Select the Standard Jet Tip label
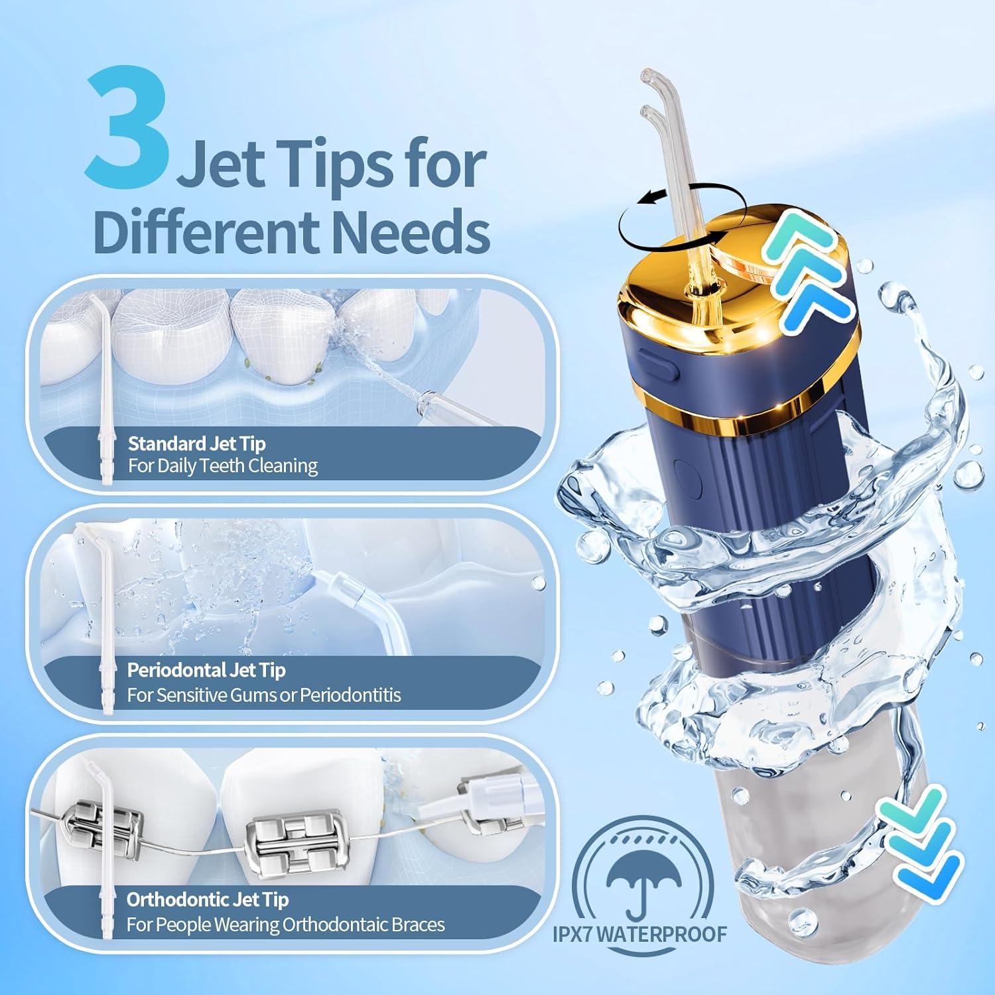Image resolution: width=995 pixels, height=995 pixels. click(196, 443)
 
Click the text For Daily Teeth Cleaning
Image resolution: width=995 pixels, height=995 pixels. click(223, 466)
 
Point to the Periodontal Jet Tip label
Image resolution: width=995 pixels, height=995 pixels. click(206, 670)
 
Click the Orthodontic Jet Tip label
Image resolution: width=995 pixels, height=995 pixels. click(208, 899)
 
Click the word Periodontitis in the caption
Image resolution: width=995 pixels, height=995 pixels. click(350, 695)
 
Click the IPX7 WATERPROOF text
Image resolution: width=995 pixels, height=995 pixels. click(639, 934)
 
